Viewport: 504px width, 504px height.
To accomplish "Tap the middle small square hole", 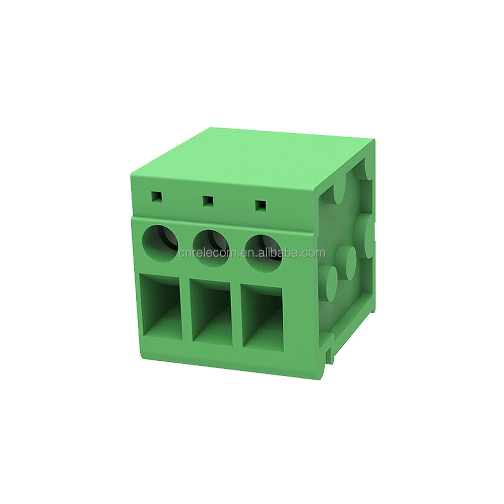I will [208, 201].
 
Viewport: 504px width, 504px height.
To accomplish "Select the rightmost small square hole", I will [261, 205].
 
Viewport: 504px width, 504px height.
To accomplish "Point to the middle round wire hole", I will [212, 245].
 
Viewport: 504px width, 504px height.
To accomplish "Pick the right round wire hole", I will [264, 250].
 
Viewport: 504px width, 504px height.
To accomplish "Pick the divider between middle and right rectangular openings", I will [237, 316].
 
